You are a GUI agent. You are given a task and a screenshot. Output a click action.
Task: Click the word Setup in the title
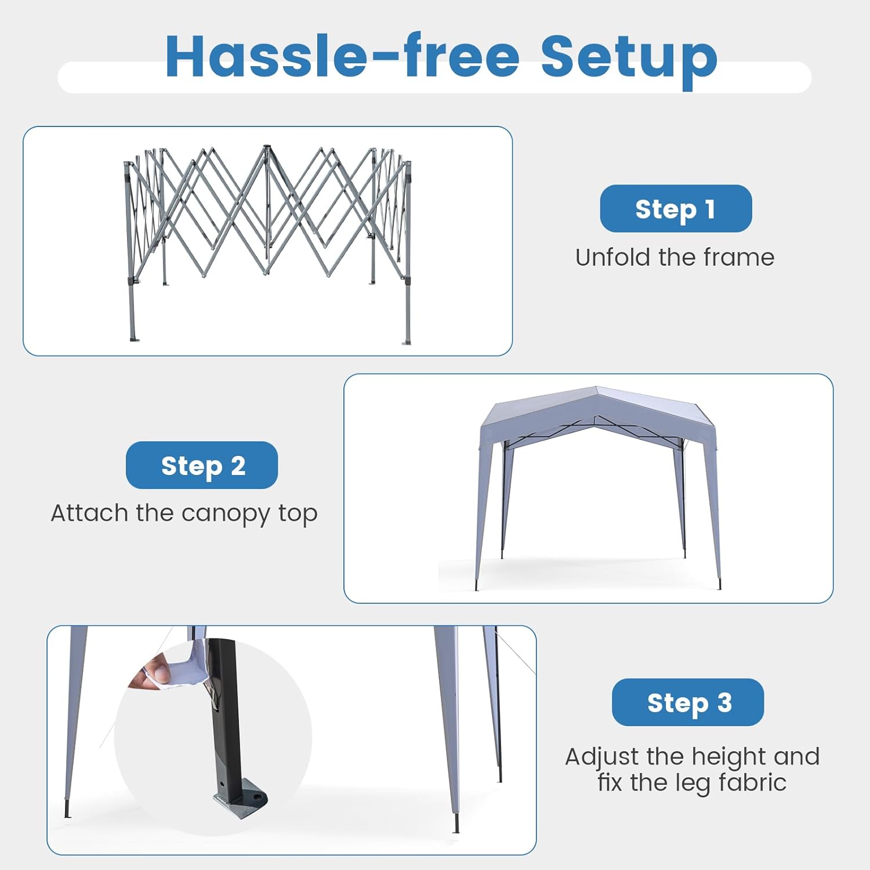tap(629, 60)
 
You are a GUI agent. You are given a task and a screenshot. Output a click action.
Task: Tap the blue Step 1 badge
tap(676, 209)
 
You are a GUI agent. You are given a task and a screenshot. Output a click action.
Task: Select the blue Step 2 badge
tap(202, 465)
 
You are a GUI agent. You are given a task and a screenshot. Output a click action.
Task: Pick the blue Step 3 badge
tap(688, 702)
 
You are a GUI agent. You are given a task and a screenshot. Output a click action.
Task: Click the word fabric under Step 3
tap(752, 782)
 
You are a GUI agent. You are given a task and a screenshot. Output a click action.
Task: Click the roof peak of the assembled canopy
tap(596, 387)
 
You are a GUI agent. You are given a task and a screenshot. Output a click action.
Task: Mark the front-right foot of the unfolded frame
tap(407, 342)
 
